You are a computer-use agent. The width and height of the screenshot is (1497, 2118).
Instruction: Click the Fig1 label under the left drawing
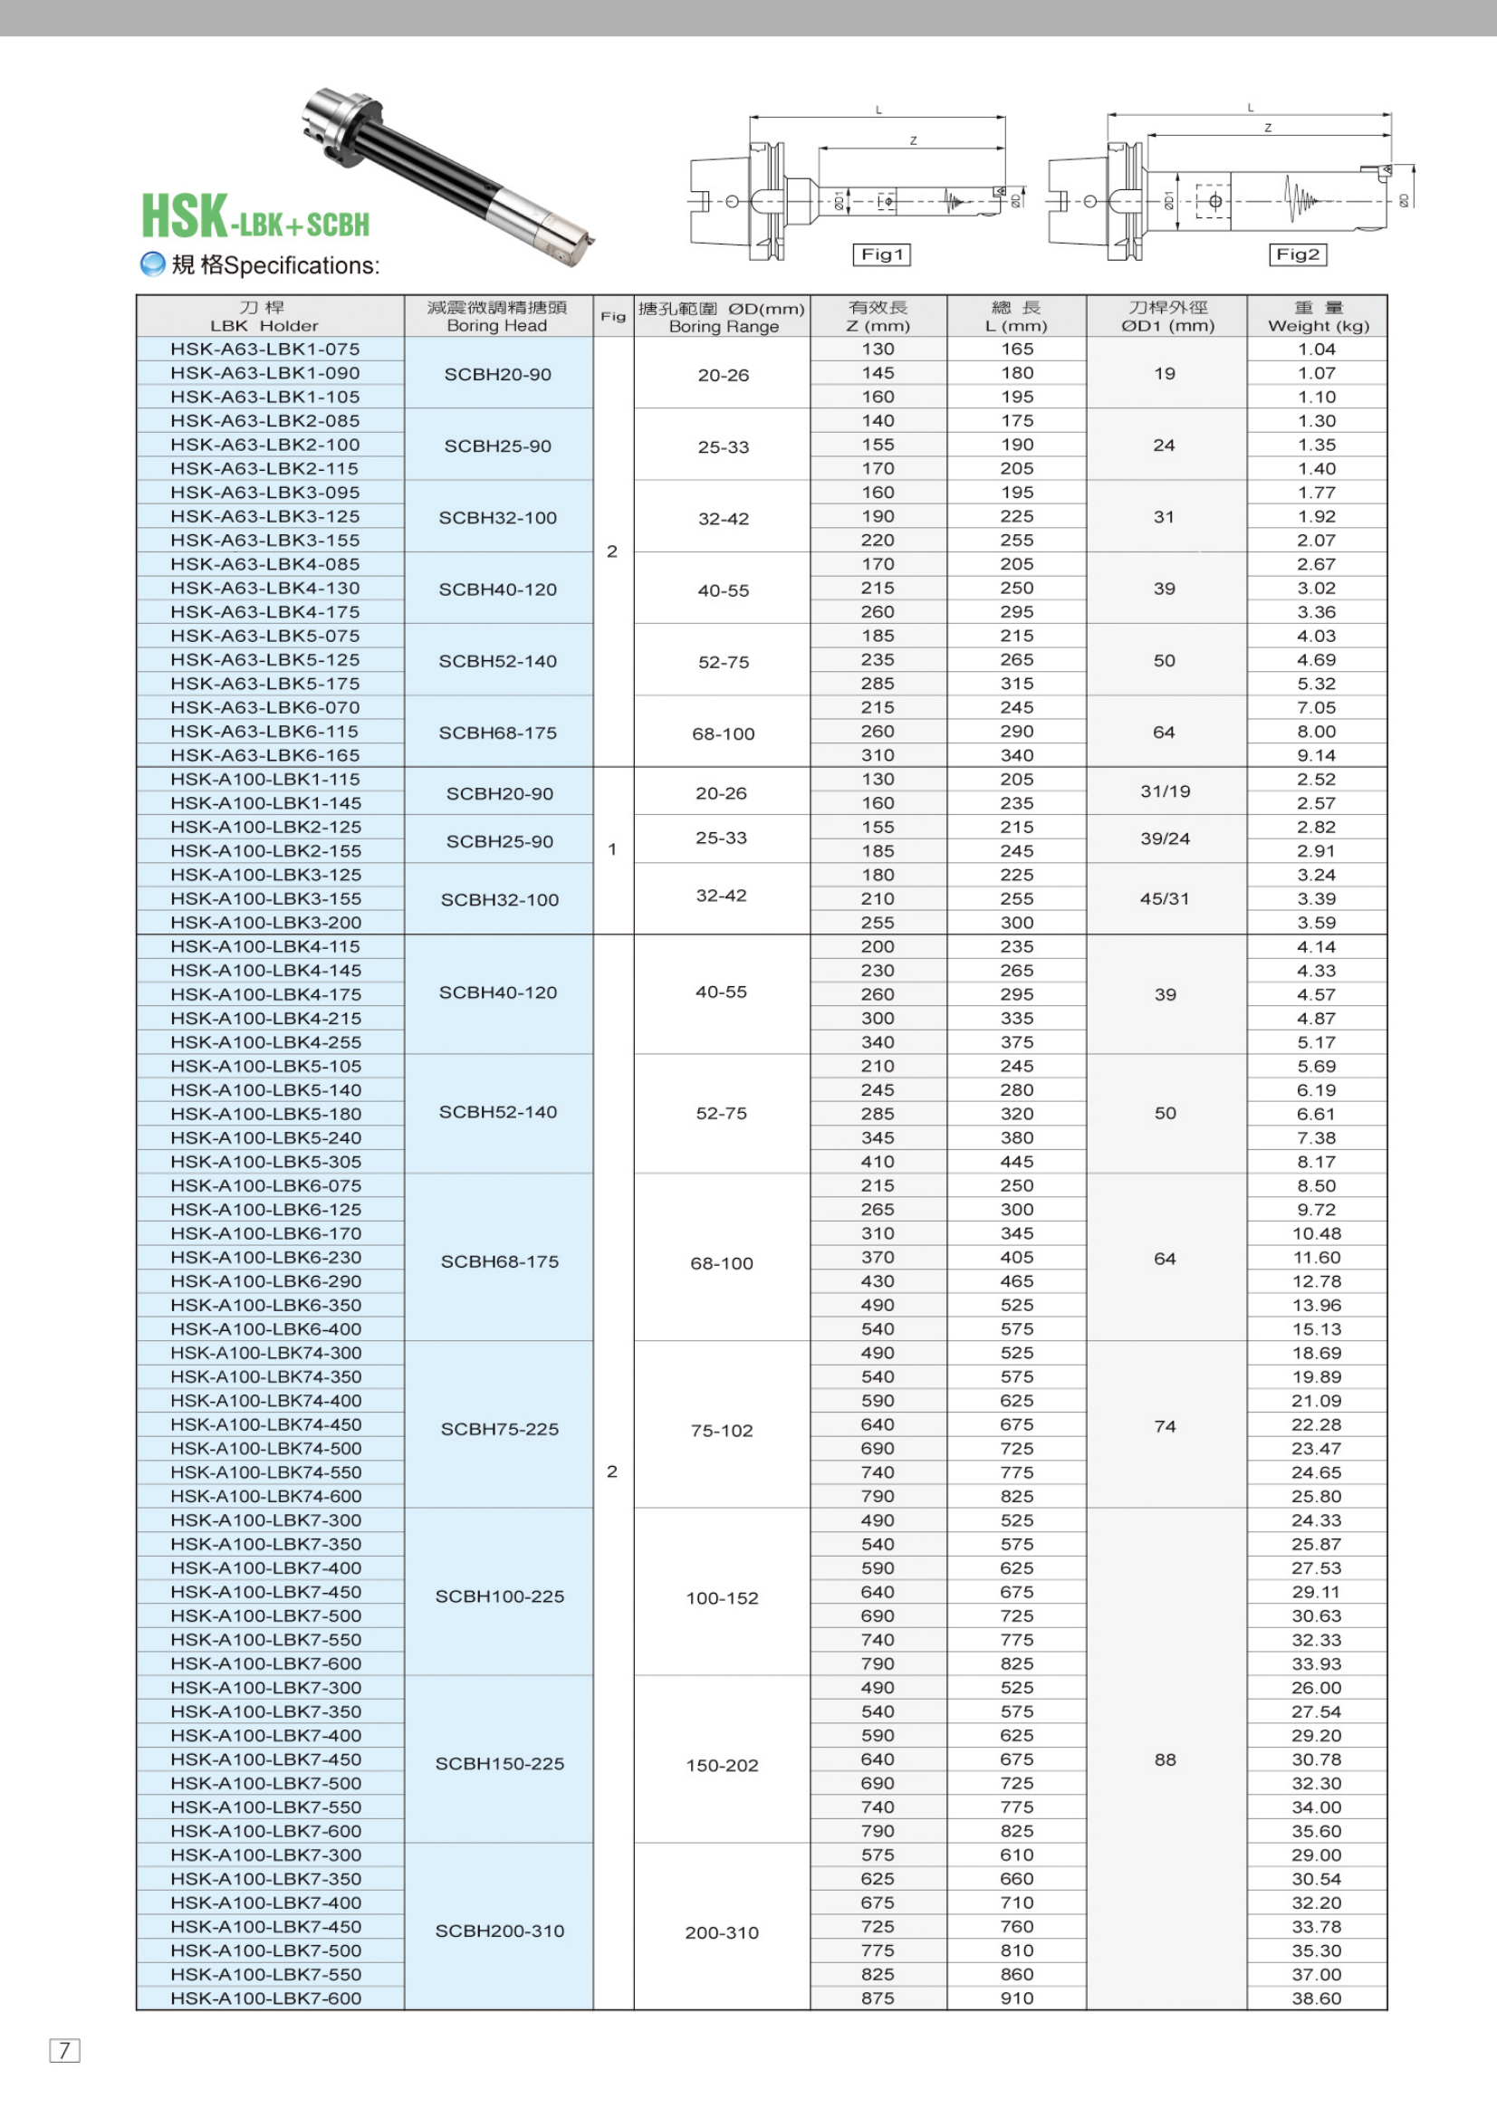coord(881,254)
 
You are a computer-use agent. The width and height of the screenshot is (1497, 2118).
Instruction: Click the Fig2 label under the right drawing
coord(1298,254)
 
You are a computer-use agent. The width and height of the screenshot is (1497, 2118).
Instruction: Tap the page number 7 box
coord(64,2050)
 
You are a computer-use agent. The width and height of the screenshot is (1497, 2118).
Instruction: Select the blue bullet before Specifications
coord(152,264)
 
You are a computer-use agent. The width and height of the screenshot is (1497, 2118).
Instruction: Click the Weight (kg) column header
coord(1317,316)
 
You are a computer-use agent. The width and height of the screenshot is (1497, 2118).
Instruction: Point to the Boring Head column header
coord(497,316)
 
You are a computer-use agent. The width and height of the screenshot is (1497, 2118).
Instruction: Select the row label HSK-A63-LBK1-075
coord(265,349)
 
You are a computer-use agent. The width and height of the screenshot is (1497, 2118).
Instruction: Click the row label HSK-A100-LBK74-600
coord(265,1496)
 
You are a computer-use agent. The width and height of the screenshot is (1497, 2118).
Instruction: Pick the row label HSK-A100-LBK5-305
coord(265,1162)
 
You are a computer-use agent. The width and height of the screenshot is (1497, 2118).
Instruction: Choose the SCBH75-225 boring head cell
coord(499,1429)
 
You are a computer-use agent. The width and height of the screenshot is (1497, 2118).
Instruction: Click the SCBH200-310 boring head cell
coord(499,1931)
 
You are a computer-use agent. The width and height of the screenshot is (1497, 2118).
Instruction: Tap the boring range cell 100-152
coord(722,1597)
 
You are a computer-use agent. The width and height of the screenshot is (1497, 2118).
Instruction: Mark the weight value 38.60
coord(1316,1998)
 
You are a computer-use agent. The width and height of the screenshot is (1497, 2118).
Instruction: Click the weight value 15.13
coord(1316,1328)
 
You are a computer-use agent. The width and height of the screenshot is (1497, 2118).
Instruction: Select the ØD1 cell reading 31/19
coord(1165,791)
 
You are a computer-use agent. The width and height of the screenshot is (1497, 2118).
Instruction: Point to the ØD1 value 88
coord(1165,1759)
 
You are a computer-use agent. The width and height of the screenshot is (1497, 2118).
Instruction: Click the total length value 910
coord(1016,1998)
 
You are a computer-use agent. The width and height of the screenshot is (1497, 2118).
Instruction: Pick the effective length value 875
coord(878,1998)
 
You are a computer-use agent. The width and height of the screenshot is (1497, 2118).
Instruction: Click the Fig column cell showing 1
coord(612,849)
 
